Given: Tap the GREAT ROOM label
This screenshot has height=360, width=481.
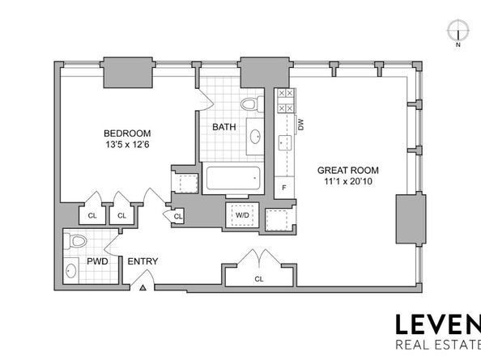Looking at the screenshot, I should point(347,170).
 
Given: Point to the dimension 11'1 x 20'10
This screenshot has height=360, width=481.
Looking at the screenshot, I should point(347,183).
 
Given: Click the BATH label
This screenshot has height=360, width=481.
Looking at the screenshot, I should point(223,128).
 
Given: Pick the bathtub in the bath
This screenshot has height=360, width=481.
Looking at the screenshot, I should point(233,178).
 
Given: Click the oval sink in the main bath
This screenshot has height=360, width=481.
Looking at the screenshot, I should point(254,136).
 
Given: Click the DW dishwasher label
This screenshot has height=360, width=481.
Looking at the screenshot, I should point(300,125).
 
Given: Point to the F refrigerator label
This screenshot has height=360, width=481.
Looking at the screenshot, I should point(283,187).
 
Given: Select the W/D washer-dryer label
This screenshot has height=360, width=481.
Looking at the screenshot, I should point(242,216).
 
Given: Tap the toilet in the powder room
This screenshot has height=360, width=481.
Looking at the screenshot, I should point(77,240).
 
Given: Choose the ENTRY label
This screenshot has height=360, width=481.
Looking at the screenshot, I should point(143,261).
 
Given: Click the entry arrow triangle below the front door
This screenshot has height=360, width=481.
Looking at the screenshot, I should point(143,286).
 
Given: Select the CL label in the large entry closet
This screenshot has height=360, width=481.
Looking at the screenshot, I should point(258,279).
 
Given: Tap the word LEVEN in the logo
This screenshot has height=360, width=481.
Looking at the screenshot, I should point(437,325).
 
